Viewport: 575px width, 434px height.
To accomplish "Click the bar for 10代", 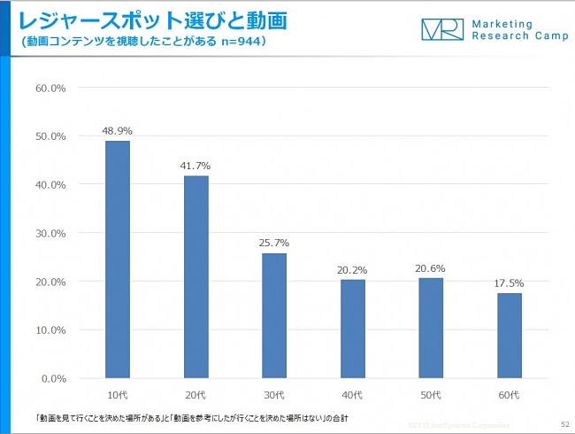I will pyautogui.click(x=118, y=260).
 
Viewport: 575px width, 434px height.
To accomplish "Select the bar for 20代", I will pyautogui.click(x=195, y=276).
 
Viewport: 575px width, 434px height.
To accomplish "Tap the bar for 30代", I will pyautogui.click(x=274, y=315).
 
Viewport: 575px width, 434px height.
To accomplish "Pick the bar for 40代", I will pyautogui.click(x=352, y=329).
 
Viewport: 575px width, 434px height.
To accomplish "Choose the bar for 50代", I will pyautogui.click(x=431, y=328).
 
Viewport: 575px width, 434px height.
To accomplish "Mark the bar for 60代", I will pyautogui.click(x=509, y=336).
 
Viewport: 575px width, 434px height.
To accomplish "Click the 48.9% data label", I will pyautogui.click(x=118, y=131).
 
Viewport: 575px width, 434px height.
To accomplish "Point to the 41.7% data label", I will pyautogui.click(x=195, y=166).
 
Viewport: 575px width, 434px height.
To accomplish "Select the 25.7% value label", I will pyautogui.click(x=274, y=243).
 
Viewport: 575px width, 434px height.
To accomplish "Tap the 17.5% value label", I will pyautogui.click(x=509, y=283).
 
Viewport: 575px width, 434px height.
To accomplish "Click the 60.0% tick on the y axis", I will pyautogui.click(x=51, y=89).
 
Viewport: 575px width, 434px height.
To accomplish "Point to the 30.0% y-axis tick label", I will pyautogui.click(x=51, y=233).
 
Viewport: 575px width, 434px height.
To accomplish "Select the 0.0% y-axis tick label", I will pyautogui.click(x=54, y=378).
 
